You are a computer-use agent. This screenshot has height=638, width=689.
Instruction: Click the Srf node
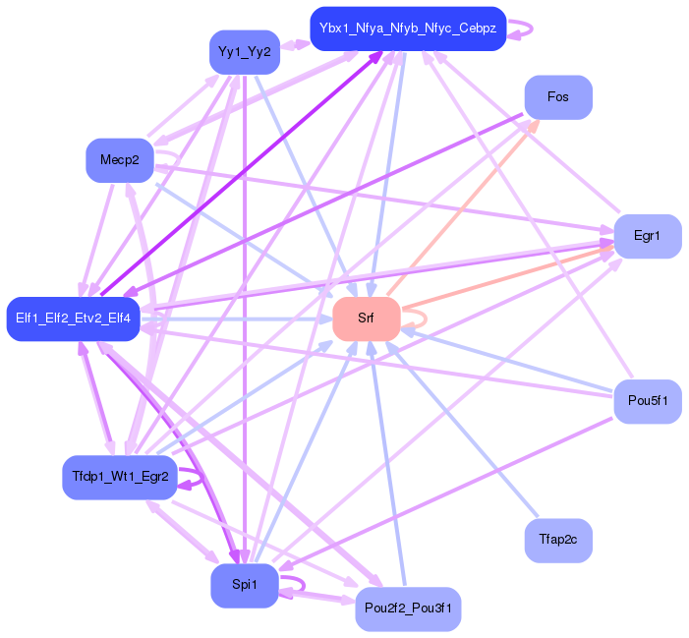pyautogui.click(x=366, y=319)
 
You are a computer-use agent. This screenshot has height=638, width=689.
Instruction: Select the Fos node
pyautogui.click(x=558, y=97)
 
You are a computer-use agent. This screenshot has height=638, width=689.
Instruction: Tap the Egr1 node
pyautogui.click(x=646, y=236)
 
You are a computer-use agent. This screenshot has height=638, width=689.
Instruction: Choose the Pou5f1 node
pyautogui.click(x=647, y=401)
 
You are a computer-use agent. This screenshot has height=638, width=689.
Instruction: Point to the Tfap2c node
pyautogui.click(x=558, y=541)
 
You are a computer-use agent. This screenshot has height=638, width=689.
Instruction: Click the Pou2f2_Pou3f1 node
pyautogui.click(x=407, y=609)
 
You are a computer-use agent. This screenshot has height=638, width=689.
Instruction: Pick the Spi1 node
pyautogui.click(x=244, y=586)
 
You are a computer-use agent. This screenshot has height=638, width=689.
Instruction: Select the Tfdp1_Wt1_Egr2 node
pyautogui.click(x=120, y=478)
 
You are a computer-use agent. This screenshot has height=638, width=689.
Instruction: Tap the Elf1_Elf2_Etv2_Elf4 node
pyautogui.click(x=73, y=319)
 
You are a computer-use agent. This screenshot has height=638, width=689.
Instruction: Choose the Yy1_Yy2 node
pyautogui.click(x=244, y=52)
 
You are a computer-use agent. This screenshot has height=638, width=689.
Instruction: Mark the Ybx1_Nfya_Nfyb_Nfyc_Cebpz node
pyautogui.click(x=407, y=29)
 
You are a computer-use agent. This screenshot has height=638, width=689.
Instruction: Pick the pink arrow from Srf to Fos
pyautogui.click(x=462, y=207)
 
